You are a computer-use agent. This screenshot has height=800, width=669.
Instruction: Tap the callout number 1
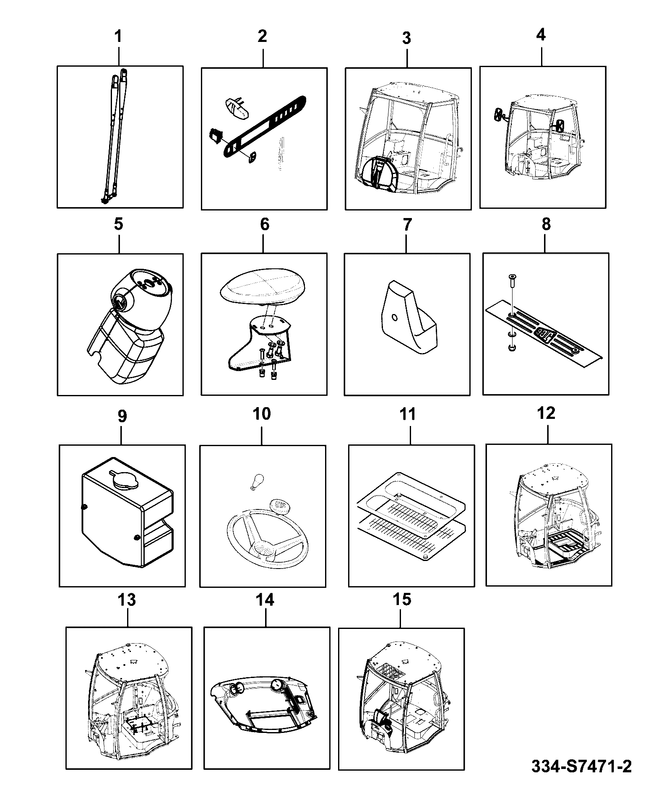(119, 36)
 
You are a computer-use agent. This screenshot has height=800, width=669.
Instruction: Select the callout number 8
(546, 224)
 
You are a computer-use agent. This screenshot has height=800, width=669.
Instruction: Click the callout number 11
(408, 414)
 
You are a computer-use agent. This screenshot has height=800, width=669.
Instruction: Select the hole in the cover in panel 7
(394, 318)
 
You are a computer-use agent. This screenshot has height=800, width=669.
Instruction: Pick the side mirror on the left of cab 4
(499, 115)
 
